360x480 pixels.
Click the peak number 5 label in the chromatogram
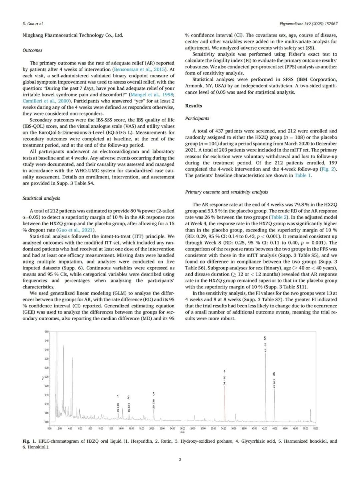265,338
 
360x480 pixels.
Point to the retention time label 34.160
225,381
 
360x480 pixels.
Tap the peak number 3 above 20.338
153,394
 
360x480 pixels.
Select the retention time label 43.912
274,384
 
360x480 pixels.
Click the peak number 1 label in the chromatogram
118,397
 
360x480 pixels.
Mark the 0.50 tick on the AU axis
46,332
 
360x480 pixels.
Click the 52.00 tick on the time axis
315,428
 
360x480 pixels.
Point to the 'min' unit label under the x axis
182,432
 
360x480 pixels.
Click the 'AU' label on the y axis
42,378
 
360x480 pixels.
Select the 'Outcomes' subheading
32,50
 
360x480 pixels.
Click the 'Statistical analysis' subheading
41,198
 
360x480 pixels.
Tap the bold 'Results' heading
194,106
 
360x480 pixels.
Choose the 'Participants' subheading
197,118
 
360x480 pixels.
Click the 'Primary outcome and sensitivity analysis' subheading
227,192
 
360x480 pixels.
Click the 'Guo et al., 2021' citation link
76,230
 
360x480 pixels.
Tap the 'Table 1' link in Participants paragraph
303,175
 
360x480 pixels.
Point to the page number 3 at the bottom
180,460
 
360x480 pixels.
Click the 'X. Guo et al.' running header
33,24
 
